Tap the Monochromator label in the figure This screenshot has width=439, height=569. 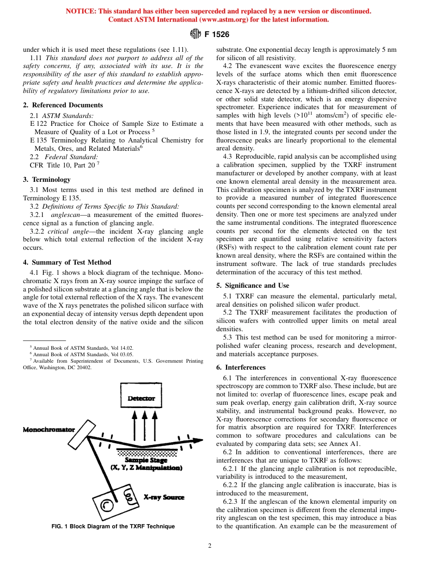[x=49, y=430]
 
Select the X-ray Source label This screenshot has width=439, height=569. [x=164, y=497]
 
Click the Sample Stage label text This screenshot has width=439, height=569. [x=146, y=460]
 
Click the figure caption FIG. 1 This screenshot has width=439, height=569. [x=113, y=526]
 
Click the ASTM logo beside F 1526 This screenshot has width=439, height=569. [x=195, y=34]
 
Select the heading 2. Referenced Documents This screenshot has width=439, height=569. [x=63, y=105]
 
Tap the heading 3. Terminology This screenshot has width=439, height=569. [x=47, y=179]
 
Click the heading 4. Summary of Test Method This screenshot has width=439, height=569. [x=67, y=262]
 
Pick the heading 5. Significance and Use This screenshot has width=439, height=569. [x=253, y=285]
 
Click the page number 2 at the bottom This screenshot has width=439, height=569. [x=210, y=546]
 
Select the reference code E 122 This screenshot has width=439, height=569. [x=39, y=124]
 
